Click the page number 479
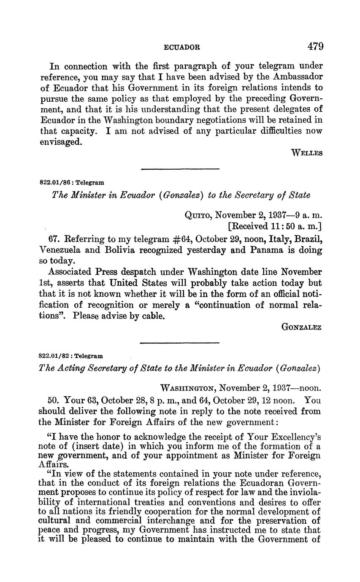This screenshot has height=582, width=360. pos(315,46)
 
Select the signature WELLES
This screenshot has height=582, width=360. pos(307,153)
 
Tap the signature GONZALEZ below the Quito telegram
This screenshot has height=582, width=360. pos(301,327)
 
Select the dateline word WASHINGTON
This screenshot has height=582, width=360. pos(188,388)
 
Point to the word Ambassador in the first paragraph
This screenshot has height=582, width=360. pos(292,77)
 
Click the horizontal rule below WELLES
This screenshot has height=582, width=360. pos(180,169)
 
